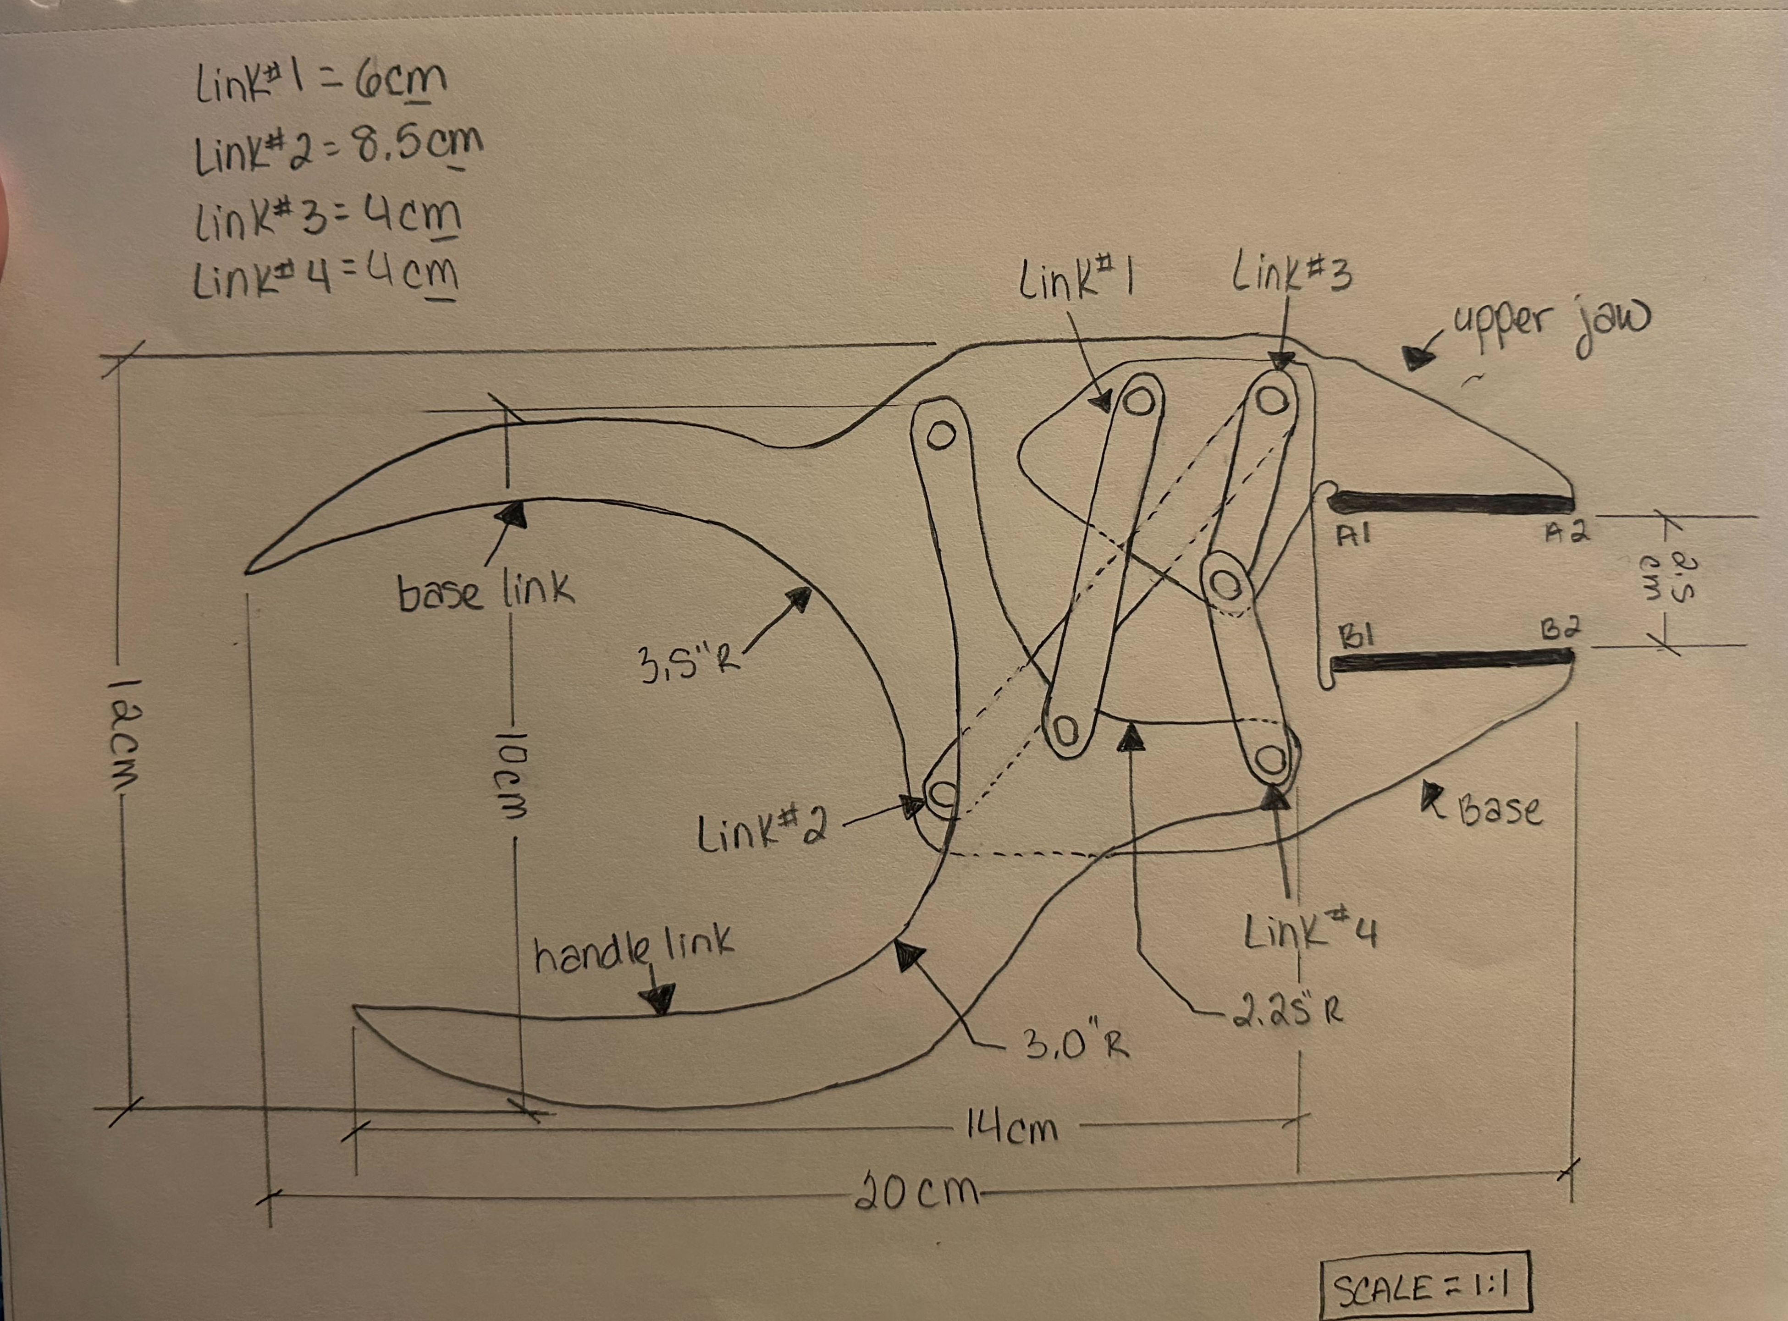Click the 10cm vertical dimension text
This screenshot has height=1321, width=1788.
pos(508,771)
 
